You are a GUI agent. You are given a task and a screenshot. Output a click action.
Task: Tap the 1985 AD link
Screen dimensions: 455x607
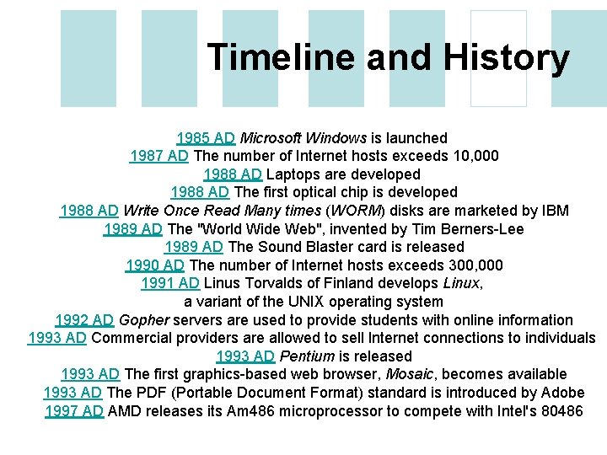pos(206,137)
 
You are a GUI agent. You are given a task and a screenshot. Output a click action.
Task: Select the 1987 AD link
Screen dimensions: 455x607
pos(159,156)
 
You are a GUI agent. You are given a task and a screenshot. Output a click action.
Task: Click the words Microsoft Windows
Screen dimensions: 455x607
pos(303,137)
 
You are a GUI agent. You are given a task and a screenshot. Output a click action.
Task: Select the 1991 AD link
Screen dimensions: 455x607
pos(169,283)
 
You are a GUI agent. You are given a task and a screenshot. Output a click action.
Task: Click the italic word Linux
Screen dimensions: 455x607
pos(462,283)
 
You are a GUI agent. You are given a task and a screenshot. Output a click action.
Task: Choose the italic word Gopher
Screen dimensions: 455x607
pos(144,320)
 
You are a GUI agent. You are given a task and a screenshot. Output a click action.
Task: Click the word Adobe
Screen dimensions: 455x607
pos(562,393)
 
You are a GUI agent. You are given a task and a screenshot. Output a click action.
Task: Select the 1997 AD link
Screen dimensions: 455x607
pos(74,411)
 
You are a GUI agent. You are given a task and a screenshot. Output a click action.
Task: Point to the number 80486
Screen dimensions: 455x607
pos(557,411)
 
